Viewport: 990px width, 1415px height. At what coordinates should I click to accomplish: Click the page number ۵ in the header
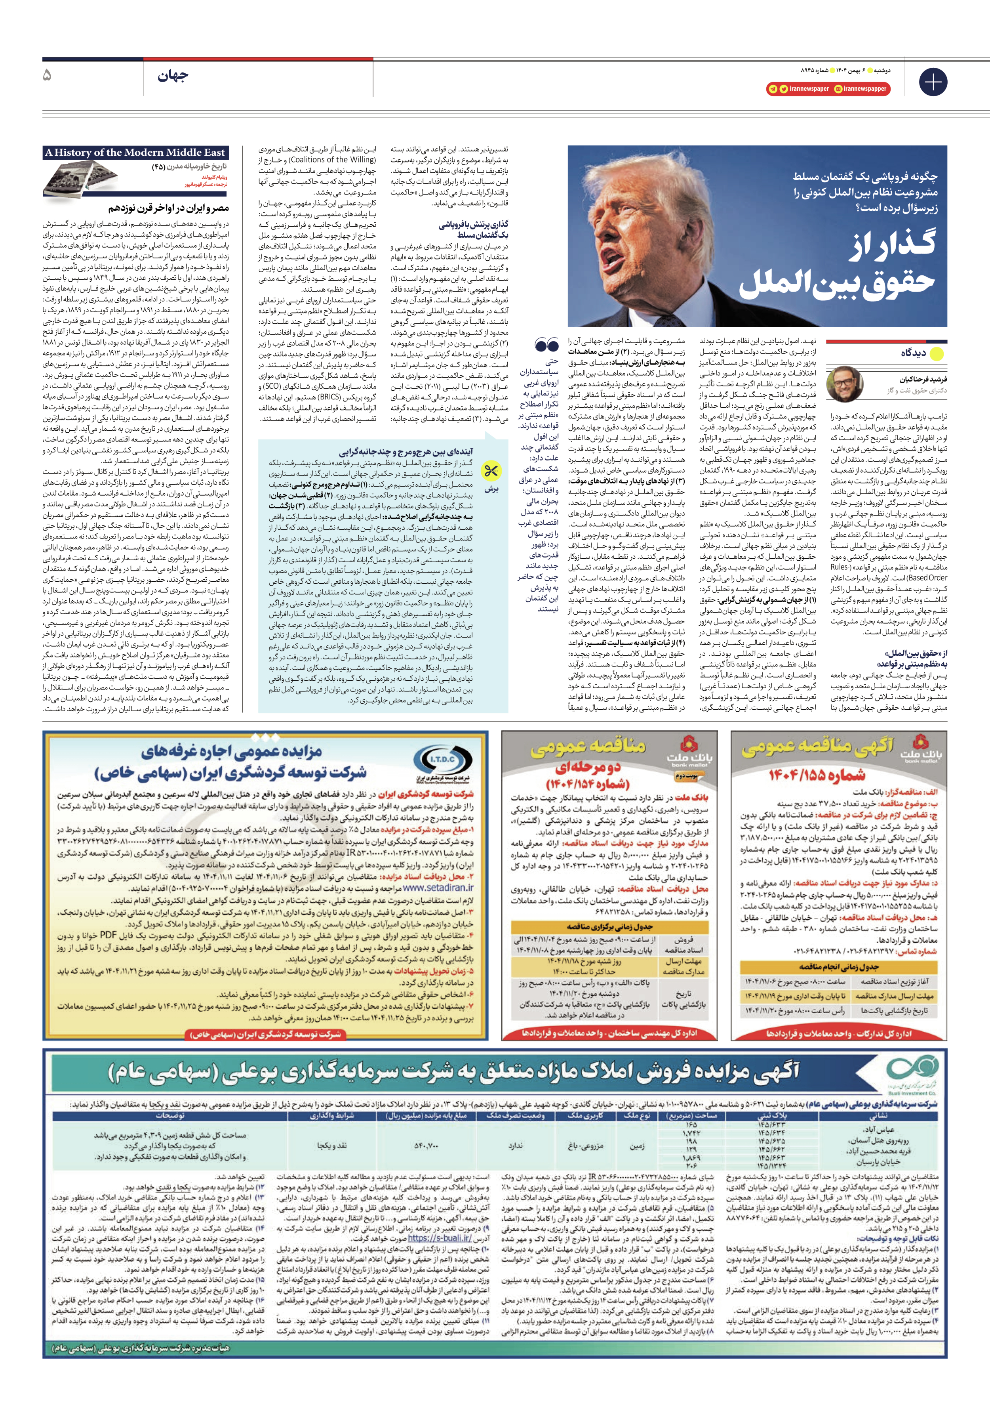click(48, 76)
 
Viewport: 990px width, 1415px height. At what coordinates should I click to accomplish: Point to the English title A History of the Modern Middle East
click(135, 152)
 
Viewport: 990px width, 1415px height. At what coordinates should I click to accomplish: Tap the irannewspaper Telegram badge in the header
click(798, 89)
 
